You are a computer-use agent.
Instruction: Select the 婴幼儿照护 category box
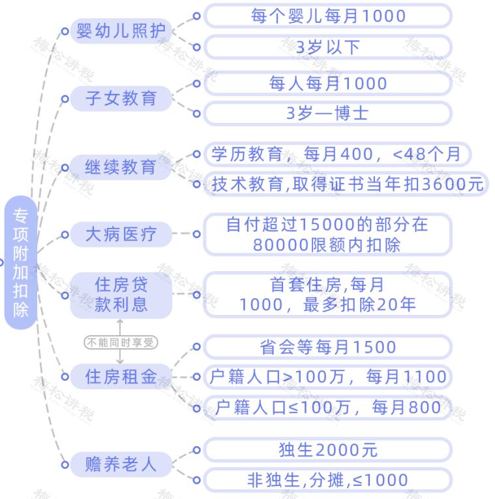click(121, 31)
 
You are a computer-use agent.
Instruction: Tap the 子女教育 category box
click(121, 99)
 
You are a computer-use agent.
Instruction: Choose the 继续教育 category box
click(121, 167)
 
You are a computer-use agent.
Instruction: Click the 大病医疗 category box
click(121, 234)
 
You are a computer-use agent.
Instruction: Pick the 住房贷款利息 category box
click(121, 295)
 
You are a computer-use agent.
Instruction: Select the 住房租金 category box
click(121, 376)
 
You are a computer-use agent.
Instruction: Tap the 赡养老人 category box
click(121, 464)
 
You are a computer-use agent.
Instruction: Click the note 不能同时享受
click(121, 342)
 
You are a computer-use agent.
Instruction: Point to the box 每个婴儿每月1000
click(328, 16)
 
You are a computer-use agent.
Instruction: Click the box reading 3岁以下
click(328, 47)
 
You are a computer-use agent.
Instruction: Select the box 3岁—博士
click(328, 113)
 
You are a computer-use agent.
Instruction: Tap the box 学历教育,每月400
click(337, 154)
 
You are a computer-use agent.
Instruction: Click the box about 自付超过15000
click(328, 234)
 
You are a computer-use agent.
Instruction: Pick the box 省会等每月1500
click(328, 347)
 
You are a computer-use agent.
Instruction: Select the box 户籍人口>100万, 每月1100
click(328, 377)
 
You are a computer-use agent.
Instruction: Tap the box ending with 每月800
click(328, 408)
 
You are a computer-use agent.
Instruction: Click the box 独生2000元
click(328, 450)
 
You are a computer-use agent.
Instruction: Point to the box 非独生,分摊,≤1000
click(328, 481)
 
